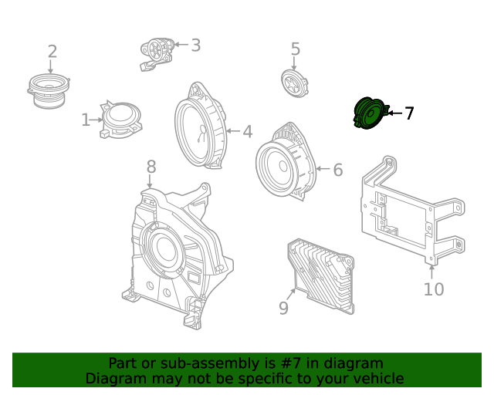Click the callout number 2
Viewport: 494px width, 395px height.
(52, 52)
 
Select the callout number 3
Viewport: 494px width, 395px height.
(195, 45)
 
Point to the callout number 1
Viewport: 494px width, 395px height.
(86, 120)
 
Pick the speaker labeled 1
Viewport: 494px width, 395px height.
(120, 119)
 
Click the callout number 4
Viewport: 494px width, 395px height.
(247, 132)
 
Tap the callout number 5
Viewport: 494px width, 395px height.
(295, 49)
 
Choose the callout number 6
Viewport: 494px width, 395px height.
(337, 170)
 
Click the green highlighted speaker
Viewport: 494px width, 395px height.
(368, 115)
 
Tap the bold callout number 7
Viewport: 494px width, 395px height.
(409, 113)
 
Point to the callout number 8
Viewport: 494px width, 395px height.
(151, 166)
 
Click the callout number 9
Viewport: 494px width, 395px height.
(283, 308)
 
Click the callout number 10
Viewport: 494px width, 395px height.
(434, 289)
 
